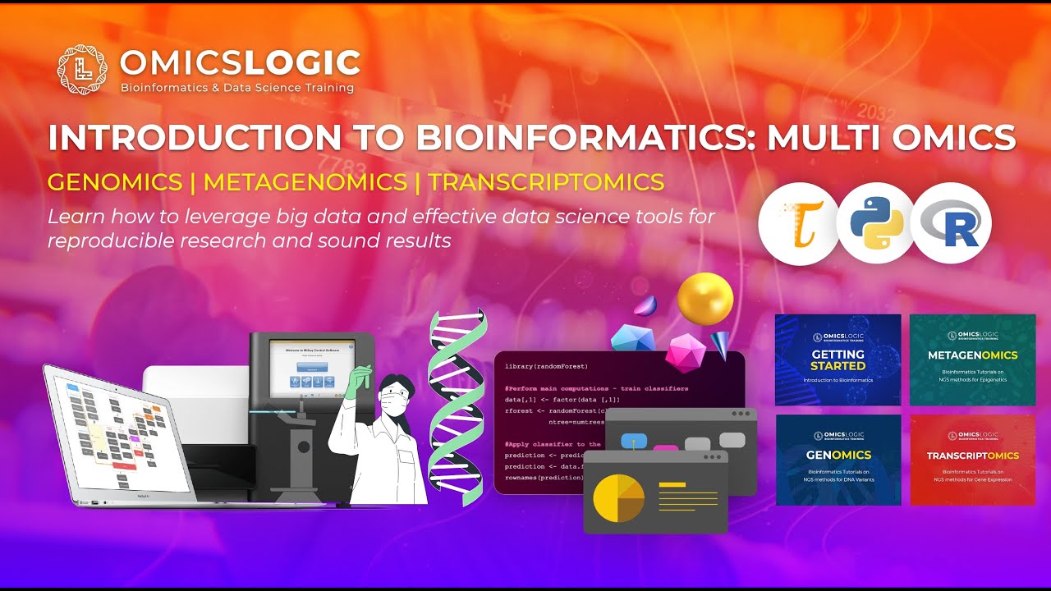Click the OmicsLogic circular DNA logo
point(82,70)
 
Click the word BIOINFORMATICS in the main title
point(576,137)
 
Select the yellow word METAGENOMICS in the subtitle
point(305,182)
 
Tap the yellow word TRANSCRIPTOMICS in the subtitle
point(546,182)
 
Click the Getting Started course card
point(838,360)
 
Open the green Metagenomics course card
point(972,360)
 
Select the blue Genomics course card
point(838,460)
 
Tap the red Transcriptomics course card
point(972,460)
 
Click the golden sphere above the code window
point(704,299)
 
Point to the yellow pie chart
point(618,497)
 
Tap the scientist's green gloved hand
point(354,383)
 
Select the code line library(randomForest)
point(547,366)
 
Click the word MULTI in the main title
point(828,137)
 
